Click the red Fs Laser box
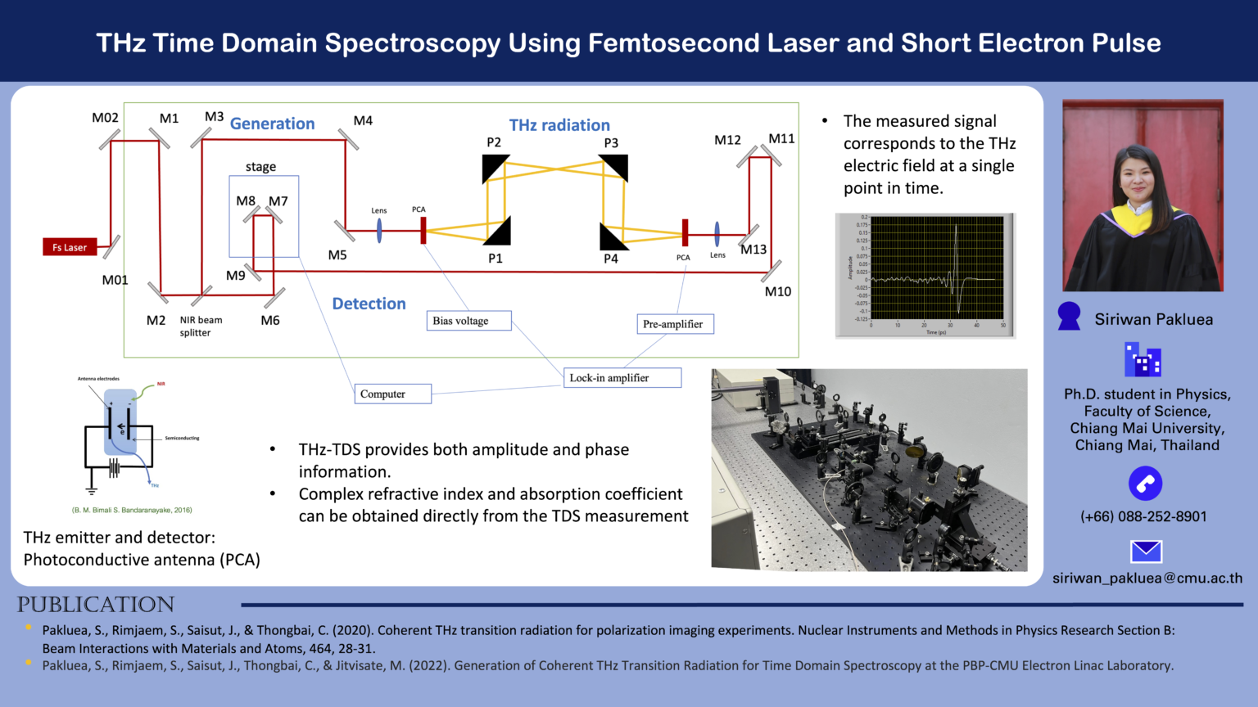click(x=70, y=247)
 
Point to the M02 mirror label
click(x=105, y=118)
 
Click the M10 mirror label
click(x=777, y=291)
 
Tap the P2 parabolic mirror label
click(x=493, y=142)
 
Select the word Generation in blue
click(x=272, y=124)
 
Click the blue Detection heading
click(x=369, y=304)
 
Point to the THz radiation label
click(x=559, y=125)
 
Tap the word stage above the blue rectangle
click(x=260, y=167)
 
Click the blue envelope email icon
click(x=1146, y=552)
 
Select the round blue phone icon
click(x=1145, y=484)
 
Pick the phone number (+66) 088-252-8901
click(x=1143, y=516)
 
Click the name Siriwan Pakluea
click(x=1153, y=319)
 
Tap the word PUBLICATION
click(x=96, y=605)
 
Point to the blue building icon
click(x=1143, y=360)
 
